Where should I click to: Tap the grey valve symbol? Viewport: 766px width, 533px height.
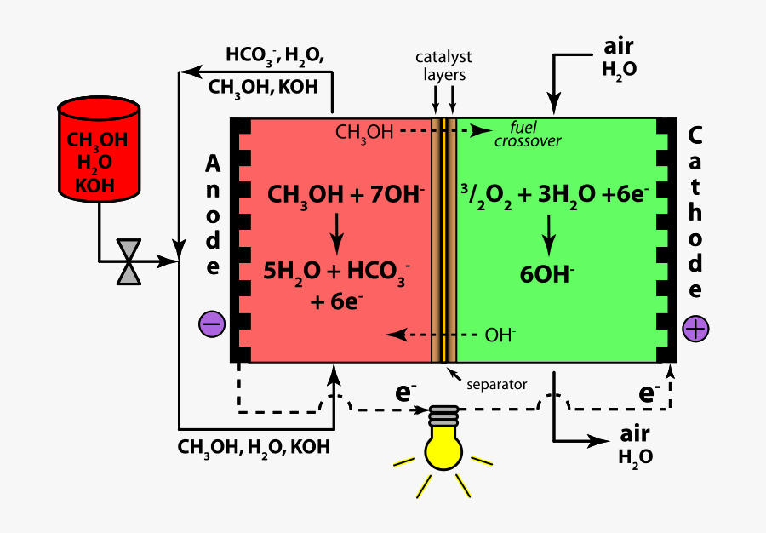pyautogui.click(x=129, y=261)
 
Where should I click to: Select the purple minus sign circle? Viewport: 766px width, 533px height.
pyautogui.click(x=212, y=324)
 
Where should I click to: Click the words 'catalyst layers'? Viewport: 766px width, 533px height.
pyautogui.click(x=443, y=66)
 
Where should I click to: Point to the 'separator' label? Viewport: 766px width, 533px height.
pyautogui.click(x=497, y=384)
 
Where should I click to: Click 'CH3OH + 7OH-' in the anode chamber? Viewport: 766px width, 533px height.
pyautogui.click(x=346, y=194)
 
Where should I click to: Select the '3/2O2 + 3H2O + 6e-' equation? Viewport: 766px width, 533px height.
pyautogui.click(x=554, y=194)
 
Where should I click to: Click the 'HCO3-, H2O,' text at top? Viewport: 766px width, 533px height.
pyautogui.click(x=274, y=56)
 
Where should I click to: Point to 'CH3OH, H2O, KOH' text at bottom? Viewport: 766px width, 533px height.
pyautogui.click(x=254, y=446)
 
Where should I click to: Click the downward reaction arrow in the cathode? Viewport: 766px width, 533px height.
pyautogui.click(x=549, y=232)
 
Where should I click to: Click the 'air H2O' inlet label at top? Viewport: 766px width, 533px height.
pyautogui.click(x=619, y=58)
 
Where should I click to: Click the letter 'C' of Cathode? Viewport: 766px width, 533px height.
pyautogui.click(x=695, y=135)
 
